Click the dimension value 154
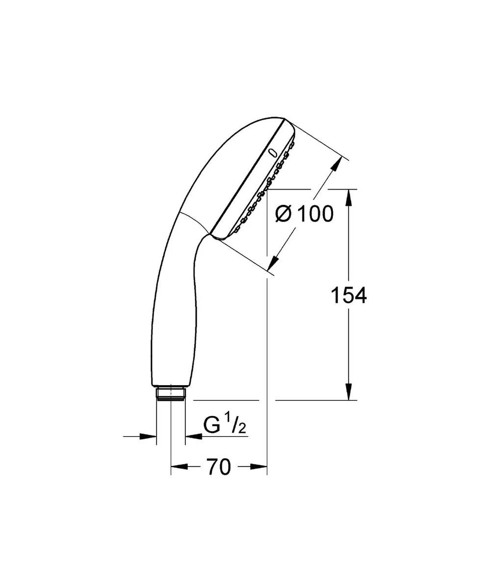pos(348,295)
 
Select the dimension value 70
pos(218,467)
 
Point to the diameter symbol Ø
pos(284,214)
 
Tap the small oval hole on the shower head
pos(273,152)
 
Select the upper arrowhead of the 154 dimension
pos(349,198)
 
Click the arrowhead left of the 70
pos(179,467)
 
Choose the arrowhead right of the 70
pos(258,467)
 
